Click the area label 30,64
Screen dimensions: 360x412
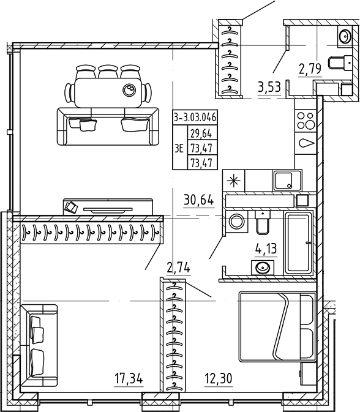199,200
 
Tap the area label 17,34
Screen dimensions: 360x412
129,379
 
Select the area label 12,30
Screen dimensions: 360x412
219,379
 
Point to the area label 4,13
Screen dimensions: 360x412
266,249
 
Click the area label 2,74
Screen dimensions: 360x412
178,268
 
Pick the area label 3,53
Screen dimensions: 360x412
269,87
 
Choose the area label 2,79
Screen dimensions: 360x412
310,69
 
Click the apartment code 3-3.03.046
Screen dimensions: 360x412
195,117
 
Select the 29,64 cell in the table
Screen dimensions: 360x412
201,133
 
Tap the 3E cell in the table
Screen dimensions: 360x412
179,149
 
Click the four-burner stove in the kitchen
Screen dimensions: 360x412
305,121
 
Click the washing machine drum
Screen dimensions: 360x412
237,221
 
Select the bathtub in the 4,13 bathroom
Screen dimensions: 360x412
299,243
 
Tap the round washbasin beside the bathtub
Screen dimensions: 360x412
263,268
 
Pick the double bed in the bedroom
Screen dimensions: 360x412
277,327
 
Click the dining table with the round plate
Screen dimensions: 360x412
108,92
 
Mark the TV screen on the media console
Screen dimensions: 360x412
108,210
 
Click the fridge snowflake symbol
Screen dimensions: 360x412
234,181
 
